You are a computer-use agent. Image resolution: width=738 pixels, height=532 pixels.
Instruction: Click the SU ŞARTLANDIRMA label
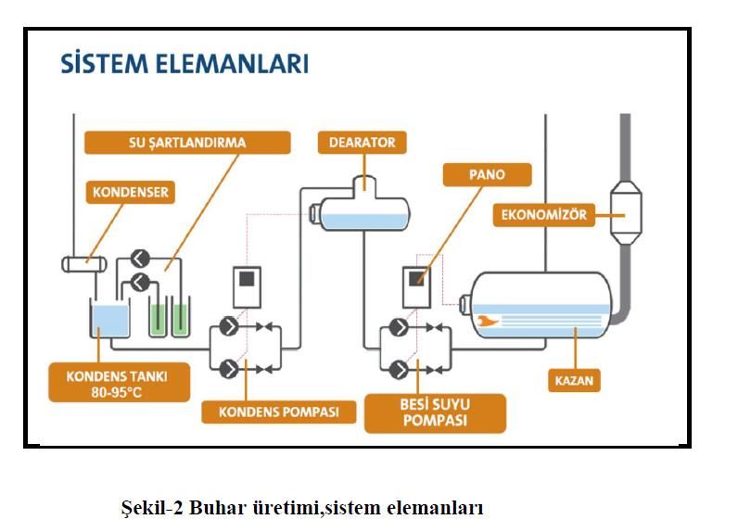(x=187, y=143)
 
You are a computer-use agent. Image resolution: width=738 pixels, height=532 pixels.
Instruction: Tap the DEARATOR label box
(x=362, y=143)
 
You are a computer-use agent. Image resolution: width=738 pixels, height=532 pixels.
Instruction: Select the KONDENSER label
(x=131, y=192)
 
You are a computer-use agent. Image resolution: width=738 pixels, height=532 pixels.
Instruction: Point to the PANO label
(x=487, y=174)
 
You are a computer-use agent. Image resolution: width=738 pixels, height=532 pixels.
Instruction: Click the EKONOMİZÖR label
(x=544, y=215)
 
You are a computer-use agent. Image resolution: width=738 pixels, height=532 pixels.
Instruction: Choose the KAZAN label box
(x=574, y=380)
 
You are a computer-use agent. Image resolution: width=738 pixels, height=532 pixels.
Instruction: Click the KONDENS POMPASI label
(x=279, y=412)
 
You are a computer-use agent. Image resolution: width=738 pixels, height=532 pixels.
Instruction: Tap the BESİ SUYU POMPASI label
(x=435, y=413)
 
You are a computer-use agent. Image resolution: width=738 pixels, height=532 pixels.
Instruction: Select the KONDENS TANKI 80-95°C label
(x=119, y=383)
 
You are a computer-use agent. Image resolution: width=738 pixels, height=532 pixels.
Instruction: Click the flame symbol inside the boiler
(x=487, y=322)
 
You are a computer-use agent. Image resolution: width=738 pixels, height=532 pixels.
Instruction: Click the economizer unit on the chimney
(x=626, y=213)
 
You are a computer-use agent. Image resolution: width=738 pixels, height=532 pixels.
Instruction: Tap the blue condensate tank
(x=109, y=319)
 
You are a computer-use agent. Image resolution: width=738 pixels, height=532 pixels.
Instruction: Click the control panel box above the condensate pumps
(x=248, y=287)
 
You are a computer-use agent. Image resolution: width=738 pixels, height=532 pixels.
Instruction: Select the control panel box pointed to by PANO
(x=416, y=287)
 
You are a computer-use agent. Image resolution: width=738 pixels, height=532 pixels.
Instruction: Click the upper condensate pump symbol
(x=229, y=326)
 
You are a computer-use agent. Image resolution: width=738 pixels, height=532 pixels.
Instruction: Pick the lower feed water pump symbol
(x=399, y=369)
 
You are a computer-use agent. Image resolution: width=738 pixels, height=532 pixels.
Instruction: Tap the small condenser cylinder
(x=84, y=264)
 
